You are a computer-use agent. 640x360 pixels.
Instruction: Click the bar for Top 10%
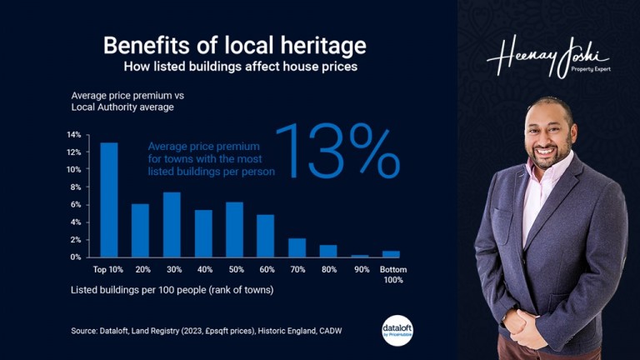[109, 200]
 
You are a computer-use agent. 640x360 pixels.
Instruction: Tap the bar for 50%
[234, 230]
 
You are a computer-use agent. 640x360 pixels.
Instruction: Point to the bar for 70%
[297, 247]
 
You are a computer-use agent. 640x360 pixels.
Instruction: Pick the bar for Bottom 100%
[391, 254]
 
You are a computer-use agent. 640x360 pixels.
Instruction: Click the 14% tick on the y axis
[73, 135]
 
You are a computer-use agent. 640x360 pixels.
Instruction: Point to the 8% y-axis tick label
[75, 187]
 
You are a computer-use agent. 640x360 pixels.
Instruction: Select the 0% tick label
[75, 257]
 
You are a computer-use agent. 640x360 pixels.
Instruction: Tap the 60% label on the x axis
[266, 270]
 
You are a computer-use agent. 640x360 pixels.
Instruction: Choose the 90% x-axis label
[360, 270]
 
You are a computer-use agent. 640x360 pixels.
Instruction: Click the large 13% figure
[337, 152]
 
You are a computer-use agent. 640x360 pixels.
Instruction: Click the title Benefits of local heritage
[234, 45]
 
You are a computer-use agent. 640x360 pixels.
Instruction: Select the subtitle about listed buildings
[241, 67]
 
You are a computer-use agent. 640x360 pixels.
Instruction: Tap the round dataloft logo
[397, 329]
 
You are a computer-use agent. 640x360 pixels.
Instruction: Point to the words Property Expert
[591, 69]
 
